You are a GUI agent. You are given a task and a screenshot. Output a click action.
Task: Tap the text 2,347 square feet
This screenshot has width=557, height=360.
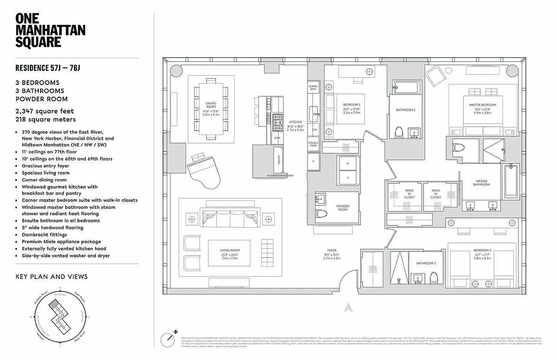(x=45, y=111)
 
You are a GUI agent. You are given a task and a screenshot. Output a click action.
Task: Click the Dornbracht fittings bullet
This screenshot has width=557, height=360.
(x=44, y=234)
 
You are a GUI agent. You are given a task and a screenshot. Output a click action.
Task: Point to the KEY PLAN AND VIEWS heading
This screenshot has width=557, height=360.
(x=51, y=276)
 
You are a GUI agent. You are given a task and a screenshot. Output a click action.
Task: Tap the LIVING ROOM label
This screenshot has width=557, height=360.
(x=229, y=250)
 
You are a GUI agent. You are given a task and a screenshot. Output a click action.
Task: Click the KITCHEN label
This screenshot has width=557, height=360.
(x=295, y=121)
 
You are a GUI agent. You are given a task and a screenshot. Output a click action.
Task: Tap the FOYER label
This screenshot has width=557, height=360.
(x=332, y=250)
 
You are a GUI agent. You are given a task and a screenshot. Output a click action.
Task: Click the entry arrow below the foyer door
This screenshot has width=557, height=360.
(x=347, y=308)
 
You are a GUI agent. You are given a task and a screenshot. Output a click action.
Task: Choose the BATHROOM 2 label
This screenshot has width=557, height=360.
(x=405, y=110)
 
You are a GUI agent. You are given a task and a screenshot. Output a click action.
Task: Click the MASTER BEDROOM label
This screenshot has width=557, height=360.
(x=479, y=105)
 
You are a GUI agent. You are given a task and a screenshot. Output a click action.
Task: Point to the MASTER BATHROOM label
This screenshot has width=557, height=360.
(x=480, y=183)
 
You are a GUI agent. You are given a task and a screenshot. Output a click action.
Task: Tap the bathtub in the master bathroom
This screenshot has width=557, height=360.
(x=510, y=181)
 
